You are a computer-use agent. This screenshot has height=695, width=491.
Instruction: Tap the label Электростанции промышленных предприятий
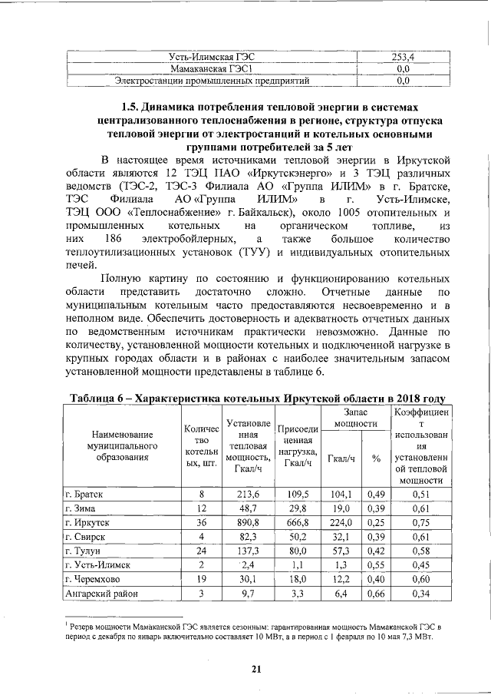coord(212,79)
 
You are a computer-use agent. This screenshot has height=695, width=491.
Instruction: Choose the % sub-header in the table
coord(376,458)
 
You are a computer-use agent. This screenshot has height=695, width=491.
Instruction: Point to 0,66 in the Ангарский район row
coord(376,593)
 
